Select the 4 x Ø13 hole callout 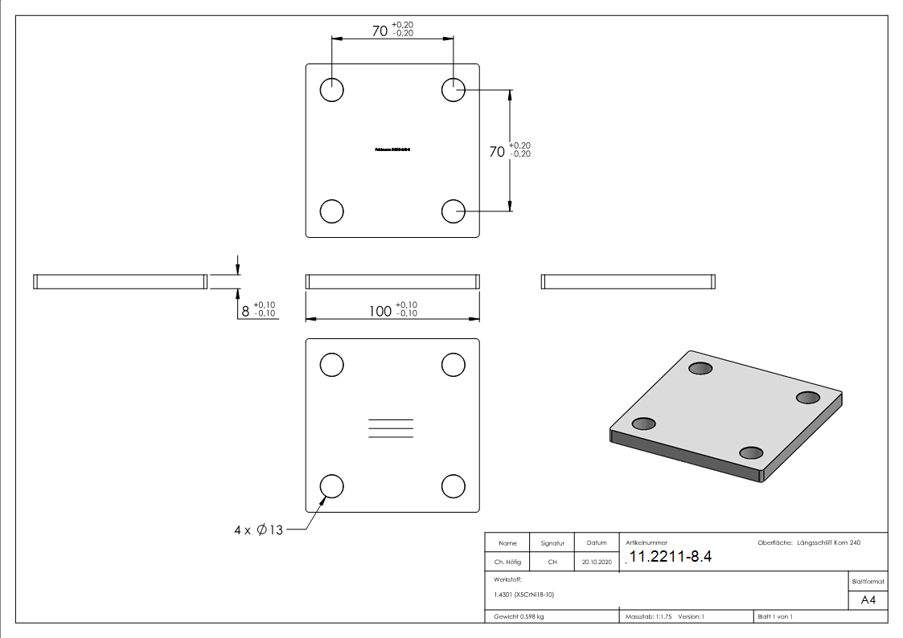tap(258, 531)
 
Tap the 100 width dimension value tap(392, 310)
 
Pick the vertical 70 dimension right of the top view tap(509, 150)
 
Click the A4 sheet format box tap(868, 599)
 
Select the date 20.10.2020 tap(596, 562)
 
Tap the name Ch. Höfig tap(507, 562)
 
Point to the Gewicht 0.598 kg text tap(519, 616)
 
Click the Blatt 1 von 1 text tap(774, 616)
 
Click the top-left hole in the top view tap(332, 90)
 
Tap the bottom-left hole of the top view tap(332, 211)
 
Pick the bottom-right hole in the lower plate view tap(454, 486)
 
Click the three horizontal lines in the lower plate tap(391, 428)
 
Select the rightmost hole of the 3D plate tap(807, 398)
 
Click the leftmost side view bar tap(120, 281)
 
